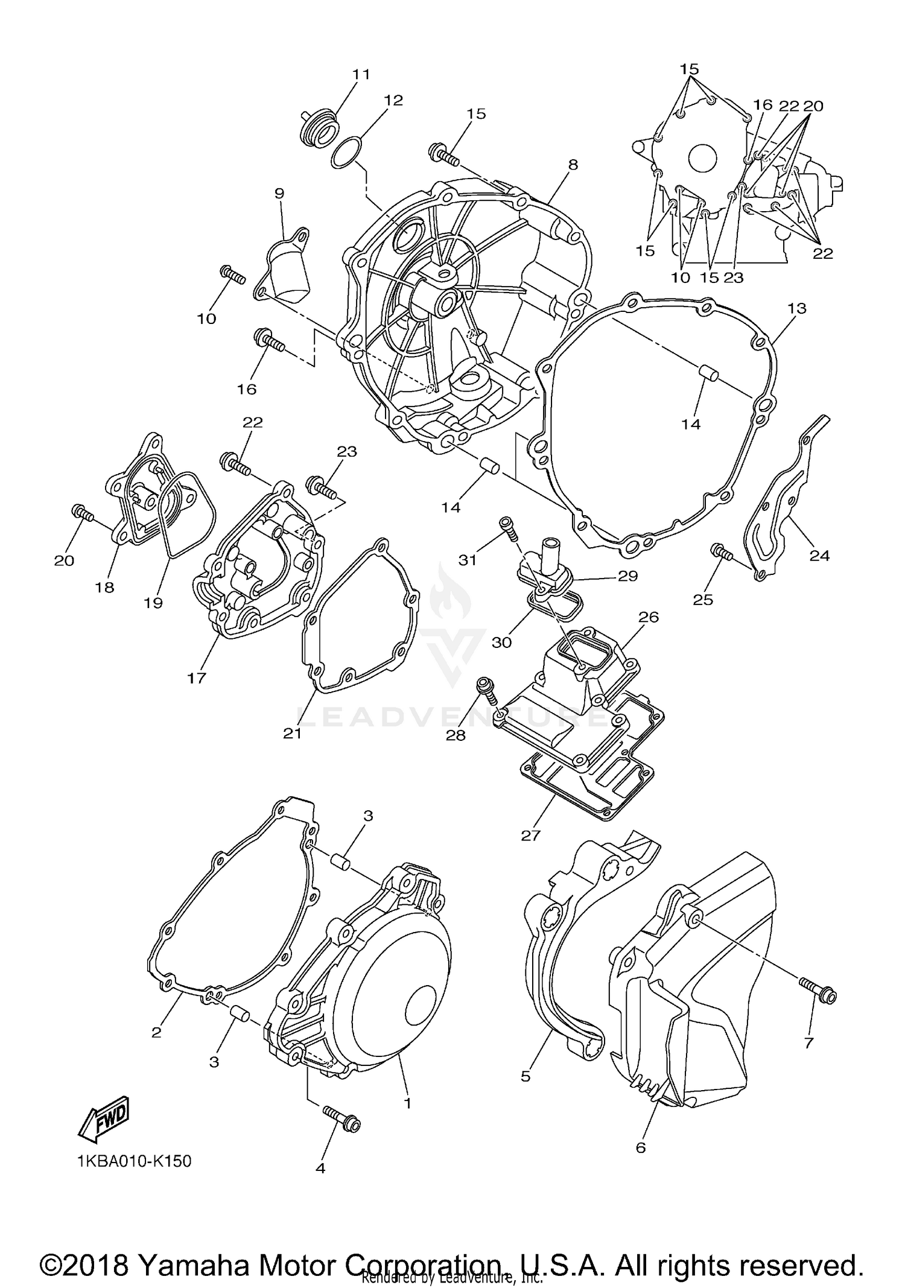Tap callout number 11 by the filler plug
[x=361, y=75]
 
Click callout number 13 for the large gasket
[x=796, y=308]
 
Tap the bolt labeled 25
[x=722, y=551]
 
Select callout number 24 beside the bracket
[x=819, y=556]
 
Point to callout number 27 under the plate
[x=531, y=836]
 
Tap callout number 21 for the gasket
[x=293, y=734]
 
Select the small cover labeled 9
[x=285, y=270]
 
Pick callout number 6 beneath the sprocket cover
[x=641, y=1147]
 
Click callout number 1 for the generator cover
[x=407, y=1103]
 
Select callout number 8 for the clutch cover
[x=573, y=165]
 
